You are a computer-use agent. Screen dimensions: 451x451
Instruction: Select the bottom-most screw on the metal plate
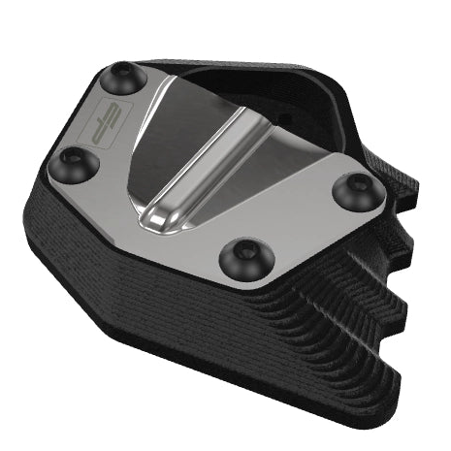(x=240, y=257)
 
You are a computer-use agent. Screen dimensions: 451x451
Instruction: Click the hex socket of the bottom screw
(x=240, y=256)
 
